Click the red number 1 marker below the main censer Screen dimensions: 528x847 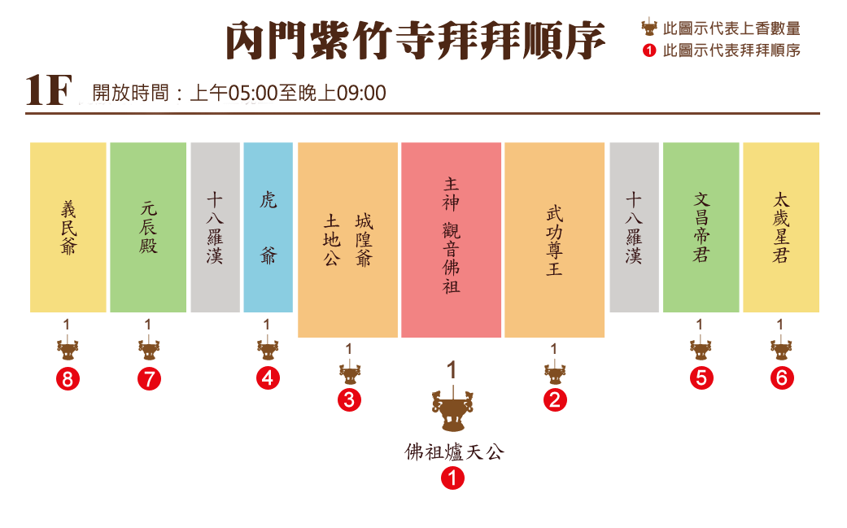452,477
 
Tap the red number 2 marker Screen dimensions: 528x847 554,399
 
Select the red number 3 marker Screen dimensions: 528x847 348,399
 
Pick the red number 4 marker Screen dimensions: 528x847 267,377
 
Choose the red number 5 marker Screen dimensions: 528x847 701,377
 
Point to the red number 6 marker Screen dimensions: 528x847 781,377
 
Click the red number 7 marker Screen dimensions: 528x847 148,377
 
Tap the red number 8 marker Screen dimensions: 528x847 67,377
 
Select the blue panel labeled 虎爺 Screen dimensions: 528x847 268,227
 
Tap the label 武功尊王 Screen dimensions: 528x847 554,241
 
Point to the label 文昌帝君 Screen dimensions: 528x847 701,227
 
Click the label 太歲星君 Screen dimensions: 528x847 780,227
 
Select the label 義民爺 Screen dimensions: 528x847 68,228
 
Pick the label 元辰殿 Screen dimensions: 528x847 148,228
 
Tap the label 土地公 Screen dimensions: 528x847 332,241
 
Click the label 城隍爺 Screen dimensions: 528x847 364,241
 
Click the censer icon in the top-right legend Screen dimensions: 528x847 648,27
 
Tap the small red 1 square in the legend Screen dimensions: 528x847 648,50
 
